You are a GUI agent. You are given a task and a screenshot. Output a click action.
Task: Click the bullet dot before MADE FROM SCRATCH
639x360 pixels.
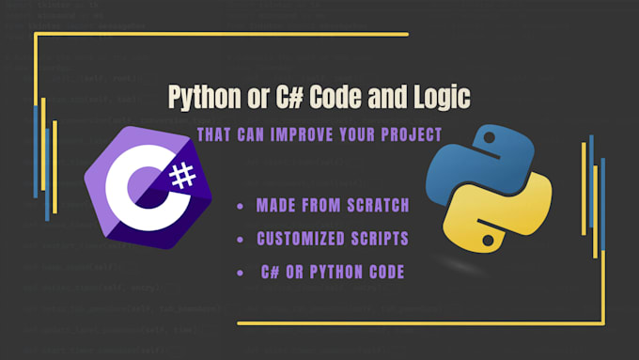[x=241, y=206]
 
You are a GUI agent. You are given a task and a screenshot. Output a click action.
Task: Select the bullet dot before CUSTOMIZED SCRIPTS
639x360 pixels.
[x=241, y=239]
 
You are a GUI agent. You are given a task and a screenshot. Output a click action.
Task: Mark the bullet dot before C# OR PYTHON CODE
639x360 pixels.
[x=241, y=273]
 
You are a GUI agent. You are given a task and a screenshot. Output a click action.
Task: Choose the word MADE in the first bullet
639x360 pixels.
[x=274, y=205]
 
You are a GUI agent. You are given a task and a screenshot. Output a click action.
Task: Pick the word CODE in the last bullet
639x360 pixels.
[x=386, y=273]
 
